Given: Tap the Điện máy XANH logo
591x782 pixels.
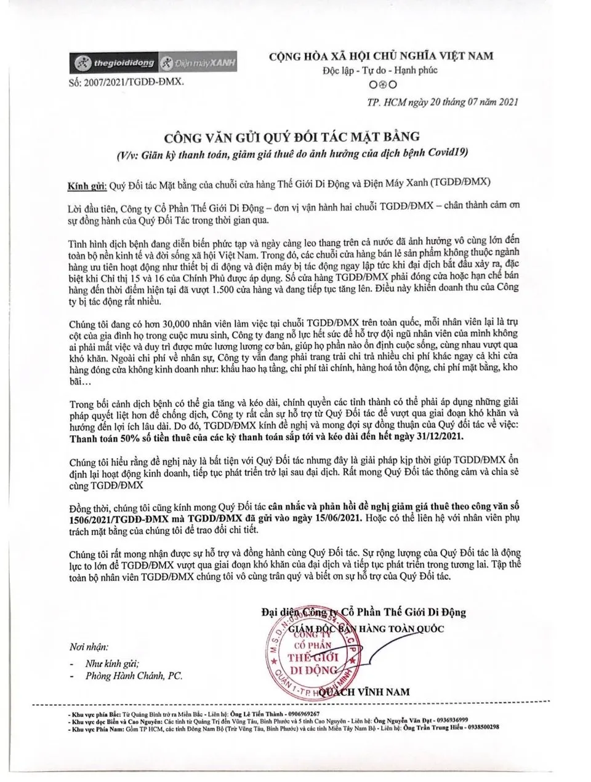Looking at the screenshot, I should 198,63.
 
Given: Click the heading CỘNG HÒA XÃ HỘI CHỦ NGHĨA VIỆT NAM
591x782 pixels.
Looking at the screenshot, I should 381,56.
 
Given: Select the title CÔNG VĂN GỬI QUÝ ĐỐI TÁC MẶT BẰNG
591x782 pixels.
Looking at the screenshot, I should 291,135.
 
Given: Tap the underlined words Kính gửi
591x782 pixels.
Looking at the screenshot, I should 87,184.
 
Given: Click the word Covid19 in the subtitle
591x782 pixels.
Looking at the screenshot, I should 451,152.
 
